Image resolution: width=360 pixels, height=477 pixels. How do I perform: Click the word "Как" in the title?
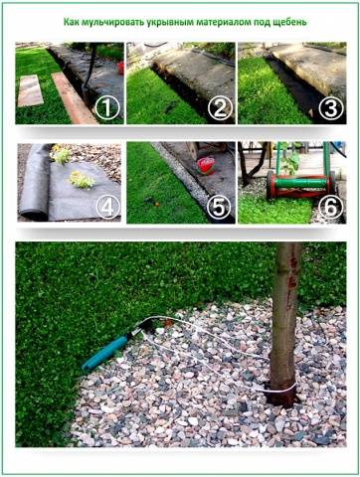point(71,22)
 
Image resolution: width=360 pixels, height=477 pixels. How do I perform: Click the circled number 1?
point(107,108)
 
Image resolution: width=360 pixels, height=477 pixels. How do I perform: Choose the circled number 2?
point(220,108)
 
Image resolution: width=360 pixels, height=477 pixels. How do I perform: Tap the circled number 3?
point(330,108)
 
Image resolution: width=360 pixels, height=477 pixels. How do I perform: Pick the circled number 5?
point(219,207)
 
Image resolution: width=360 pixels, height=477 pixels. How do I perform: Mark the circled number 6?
point(330,207)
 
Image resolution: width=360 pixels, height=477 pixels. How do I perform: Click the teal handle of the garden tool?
point(104,353)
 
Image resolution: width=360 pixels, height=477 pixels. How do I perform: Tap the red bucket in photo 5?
point(206,166)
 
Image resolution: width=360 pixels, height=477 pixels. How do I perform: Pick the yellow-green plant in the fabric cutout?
point(82,180)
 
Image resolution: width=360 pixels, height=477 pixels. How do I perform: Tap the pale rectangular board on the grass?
point(30,90)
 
